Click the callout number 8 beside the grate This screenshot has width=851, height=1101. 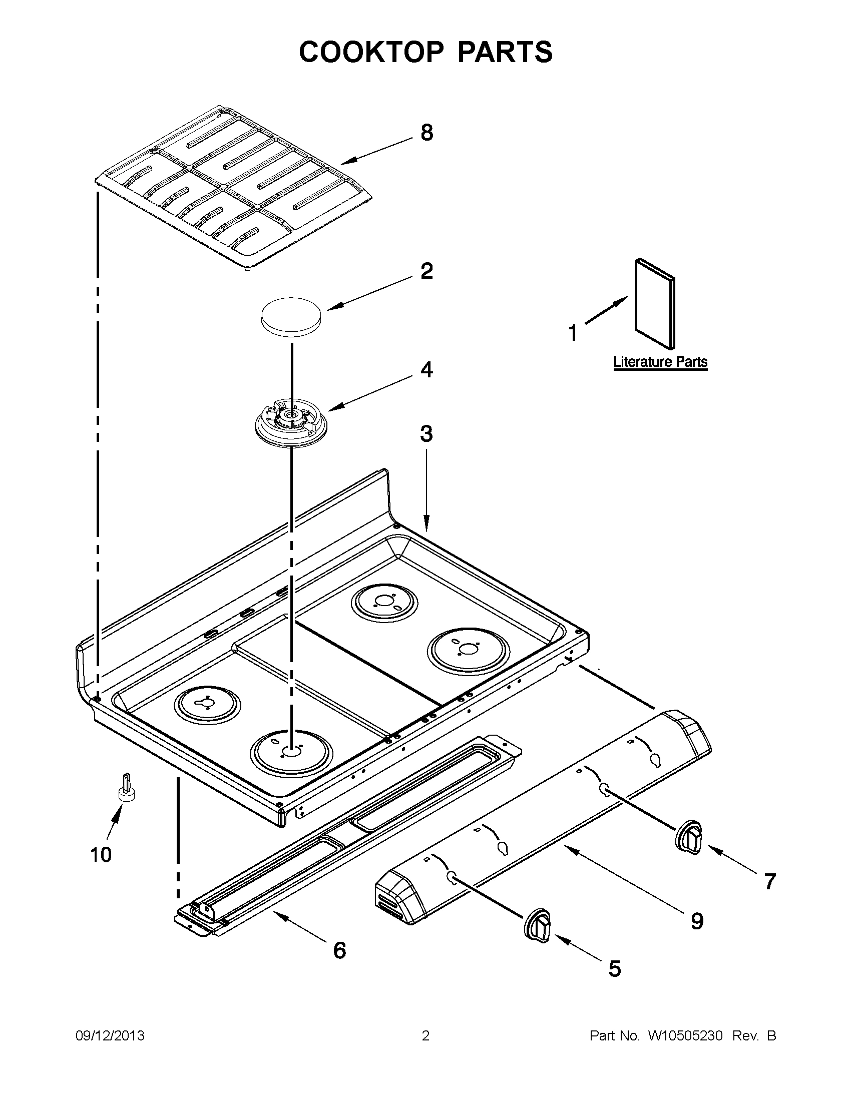click(x=427, y=133)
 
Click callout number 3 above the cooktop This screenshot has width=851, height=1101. click(x=427, y=433)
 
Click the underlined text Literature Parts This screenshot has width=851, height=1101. click(x=660, y=362)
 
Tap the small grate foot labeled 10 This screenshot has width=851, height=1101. click(x=127, y=787)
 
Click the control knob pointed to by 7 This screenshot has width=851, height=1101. click(x=689, y=838)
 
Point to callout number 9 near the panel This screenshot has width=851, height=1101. click(x=696, y=921)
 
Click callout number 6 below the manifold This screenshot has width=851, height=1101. click(x=339, y=950)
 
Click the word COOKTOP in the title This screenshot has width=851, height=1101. click(x=371, y=53)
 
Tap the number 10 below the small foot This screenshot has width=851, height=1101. click(x=100, y=854)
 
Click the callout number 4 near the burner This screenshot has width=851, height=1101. click(x=427, y=370)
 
